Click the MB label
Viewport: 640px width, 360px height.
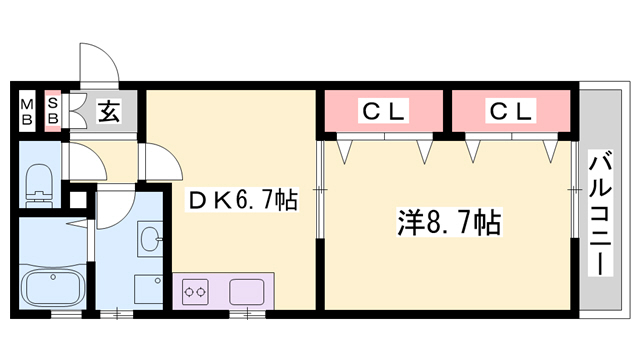(x=28, y=110)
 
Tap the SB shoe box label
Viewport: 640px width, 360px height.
(x=53, y=110)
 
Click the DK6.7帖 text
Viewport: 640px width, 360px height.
(x=242, y=201)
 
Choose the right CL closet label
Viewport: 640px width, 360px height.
(x=511, y=111)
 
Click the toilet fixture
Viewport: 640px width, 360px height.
(x=36, y=180)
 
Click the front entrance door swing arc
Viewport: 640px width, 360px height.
(x=98, y=62)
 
